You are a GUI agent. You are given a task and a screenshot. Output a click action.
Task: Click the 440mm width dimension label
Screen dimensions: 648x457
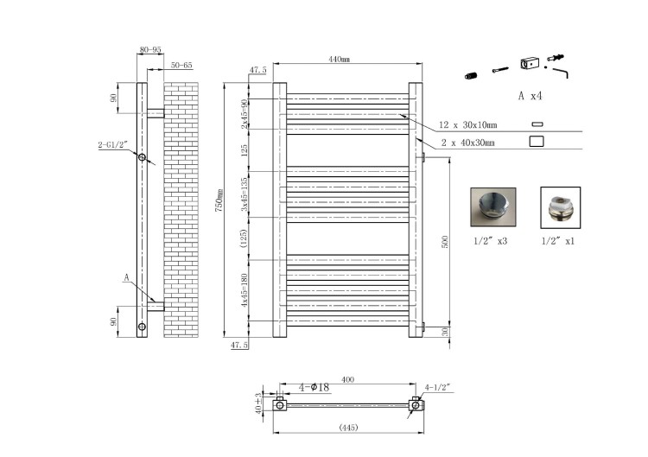point(340,60)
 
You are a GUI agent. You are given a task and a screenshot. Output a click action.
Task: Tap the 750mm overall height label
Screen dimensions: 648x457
point(219,200)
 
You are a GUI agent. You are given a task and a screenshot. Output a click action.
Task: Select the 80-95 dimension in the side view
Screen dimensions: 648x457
point(150,49)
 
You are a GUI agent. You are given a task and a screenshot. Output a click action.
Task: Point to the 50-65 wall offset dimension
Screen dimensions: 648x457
point(181,66)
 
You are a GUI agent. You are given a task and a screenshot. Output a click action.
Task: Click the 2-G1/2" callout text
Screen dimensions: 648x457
point(113,144)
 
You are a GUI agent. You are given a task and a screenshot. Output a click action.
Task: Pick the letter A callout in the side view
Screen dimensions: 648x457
point(127,277)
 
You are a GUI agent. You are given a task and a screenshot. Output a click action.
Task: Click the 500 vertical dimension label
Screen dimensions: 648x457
point(445,242)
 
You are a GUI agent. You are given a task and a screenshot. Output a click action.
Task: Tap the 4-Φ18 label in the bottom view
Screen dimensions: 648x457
point(314,387)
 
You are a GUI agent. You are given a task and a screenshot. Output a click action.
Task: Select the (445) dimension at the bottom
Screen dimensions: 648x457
point(348,428)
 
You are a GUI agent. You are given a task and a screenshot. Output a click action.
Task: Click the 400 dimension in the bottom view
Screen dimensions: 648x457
point(348,379)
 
